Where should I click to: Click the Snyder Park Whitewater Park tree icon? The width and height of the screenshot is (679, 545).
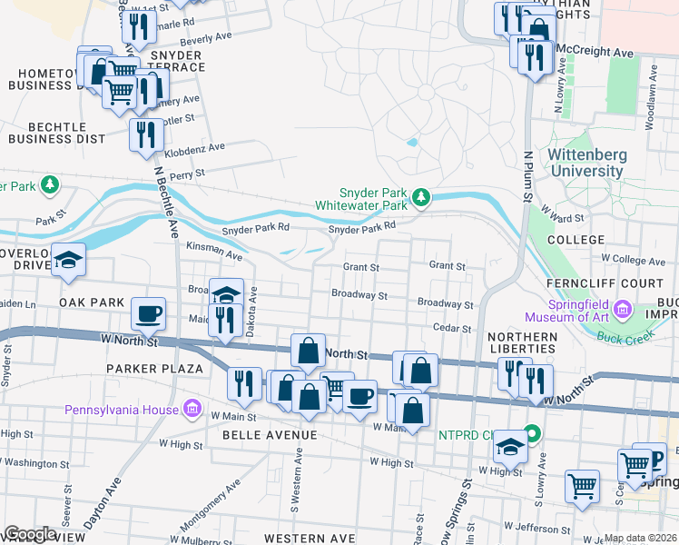pos(420,197)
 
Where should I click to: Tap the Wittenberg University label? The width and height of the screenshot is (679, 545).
pos(586,163)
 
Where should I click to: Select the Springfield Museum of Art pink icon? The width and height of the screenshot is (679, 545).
pos(623,311)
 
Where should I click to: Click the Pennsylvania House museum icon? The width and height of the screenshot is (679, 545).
pos(192,410)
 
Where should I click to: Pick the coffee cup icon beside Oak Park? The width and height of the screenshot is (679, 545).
pos(149,313)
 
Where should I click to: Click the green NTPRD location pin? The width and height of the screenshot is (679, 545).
pos(533,434)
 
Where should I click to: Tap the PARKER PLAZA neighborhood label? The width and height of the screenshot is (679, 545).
pos(153,369)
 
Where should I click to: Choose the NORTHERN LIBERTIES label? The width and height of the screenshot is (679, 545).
pos(522,343)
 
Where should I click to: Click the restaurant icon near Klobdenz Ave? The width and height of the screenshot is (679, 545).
pos(145,134)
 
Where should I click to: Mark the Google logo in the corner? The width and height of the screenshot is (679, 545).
pos(30,534)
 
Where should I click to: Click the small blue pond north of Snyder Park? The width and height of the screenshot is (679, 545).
pos(413,143)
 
